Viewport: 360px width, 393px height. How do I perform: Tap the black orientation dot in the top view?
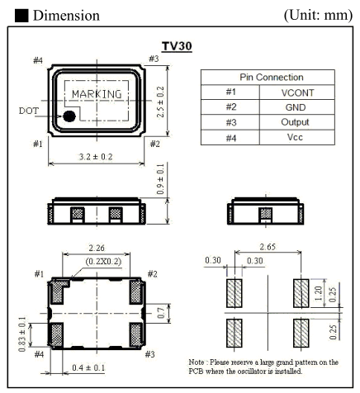[69, 117]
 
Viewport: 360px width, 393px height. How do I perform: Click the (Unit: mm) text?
[315, 16]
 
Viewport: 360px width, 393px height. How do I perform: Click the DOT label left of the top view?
[27, 109]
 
